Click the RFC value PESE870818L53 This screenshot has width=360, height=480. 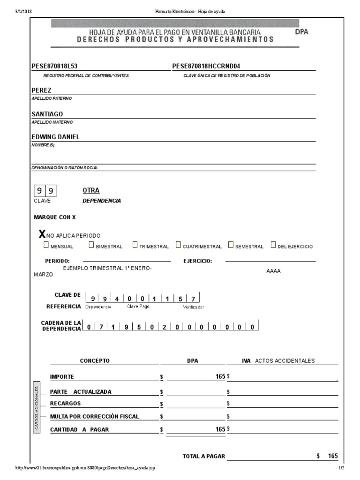[54, 66]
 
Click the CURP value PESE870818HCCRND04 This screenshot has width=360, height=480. [209, 66]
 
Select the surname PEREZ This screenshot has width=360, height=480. [41, 90]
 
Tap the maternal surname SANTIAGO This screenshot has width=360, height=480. [47, 114]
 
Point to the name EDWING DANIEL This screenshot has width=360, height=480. [55, 137]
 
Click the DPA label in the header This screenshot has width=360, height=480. [302, 32]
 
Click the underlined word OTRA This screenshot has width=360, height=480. [91, 190]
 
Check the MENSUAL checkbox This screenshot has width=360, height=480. [46, 245]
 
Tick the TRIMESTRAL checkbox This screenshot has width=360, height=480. [135, 245]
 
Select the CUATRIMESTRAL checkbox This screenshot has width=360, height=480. [179, 245]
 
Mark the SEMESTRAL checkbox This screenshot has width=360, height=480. [231, 245]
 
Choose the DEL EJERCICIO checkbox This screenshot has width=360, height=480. [273, 245]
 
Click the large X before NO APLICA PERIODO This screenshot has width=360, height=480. [42, 234]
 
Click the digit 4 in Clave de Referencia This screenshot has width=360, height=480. [117, 299]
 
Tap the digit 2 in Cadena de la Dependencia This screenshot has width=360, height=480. [164, 327]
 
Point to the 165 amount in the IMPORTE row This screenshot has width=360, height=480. [220, 376]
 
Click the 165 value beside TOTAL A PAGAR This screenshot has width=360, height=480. [332, 456]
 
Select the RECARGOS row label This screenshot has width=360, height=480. [65, 403]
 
